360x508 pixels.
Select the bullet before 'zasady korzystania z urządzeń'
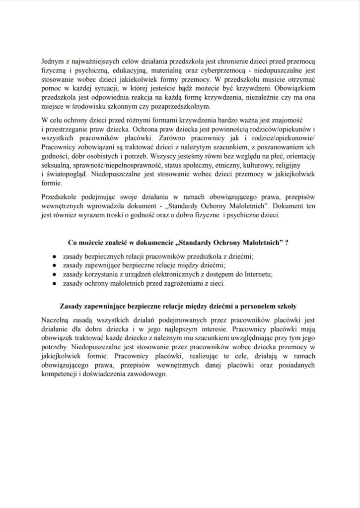[53, 274]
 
